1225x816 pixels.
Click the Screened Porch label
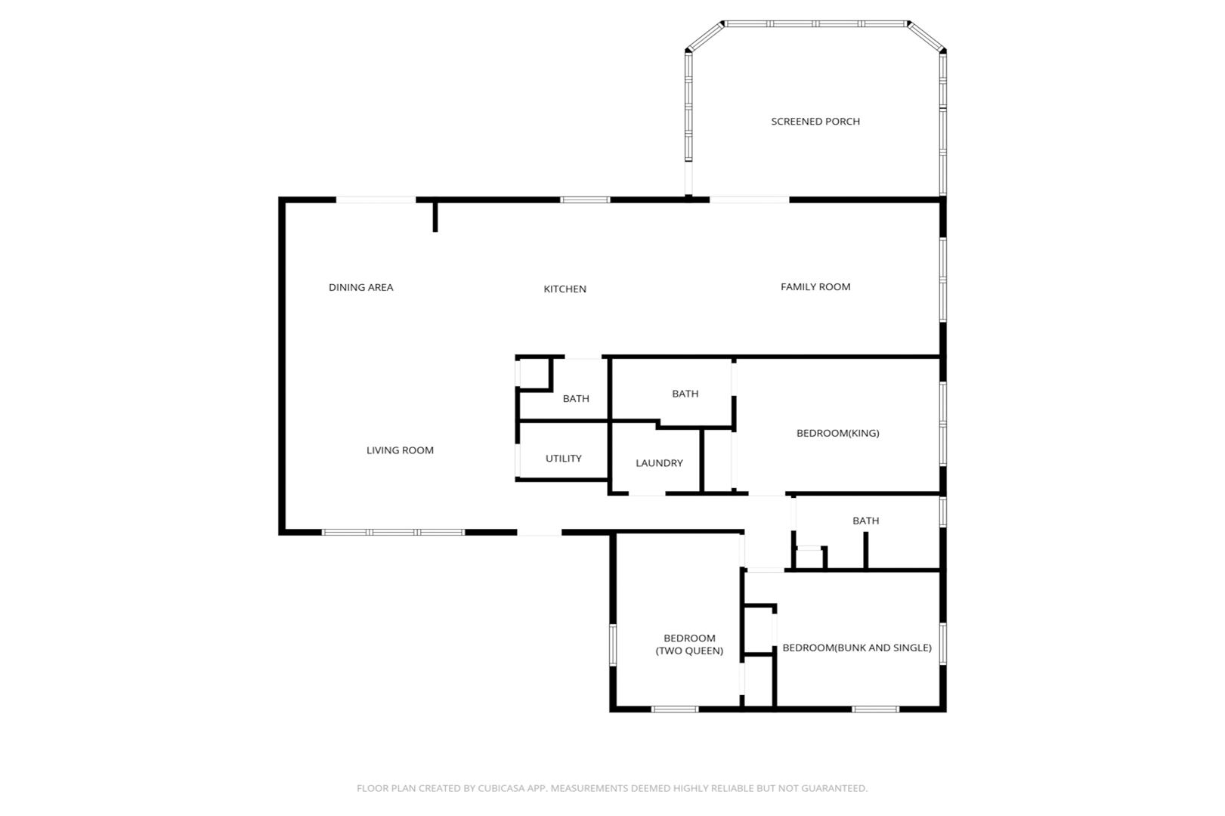click(815, 122)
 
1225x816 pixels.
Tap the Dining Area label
click(361, 287)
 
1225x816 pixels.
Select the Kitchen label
click(565, 289)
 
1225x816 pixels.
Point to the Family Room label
click(815, 286)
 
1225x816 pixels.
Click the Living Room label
click(400, 450)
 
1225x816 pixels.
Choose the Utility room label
click(563, 459)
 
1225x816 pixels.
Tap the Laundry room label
click(659, 462)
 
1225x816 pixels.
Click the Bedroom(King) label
click(838, 433)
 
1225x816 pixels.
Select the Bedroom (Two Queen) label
click(689, 644)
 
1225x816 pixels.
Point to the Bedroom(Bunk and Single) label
click(857, 648)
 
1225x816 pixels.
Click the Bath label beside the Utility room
click(576, 399)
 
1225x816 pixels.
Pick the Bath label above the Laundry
click(685, 394)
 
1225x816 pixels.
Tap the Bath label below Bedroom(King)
click(866, 521)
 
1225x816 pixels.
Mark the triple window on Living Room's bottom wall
click(393, 532)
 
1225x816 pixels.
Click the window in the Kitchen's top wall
click(585, 200)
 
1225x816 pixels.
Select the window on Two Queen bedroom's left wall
click(613, 644)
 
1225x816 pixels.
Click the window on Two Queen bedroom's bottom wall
click(675, 709)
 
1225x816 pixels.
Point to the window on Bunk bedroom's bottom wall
click(875, 709)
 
